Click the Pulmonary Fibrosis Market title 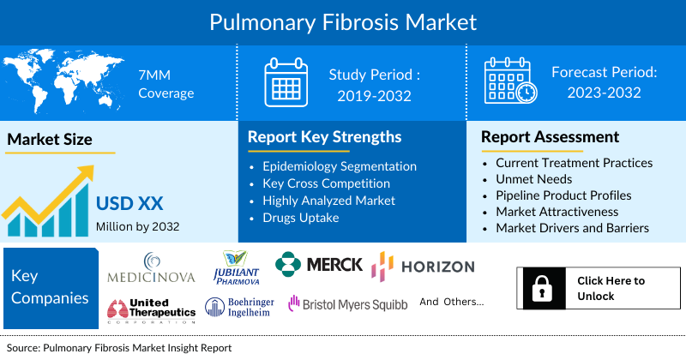pos(343,21)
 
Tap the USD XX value pos(129,204)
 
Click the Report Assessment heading pos(550,136)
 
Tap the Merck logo pos(320,264)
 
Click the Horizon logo pos(422,267)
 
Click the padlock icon pos(541,289)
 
